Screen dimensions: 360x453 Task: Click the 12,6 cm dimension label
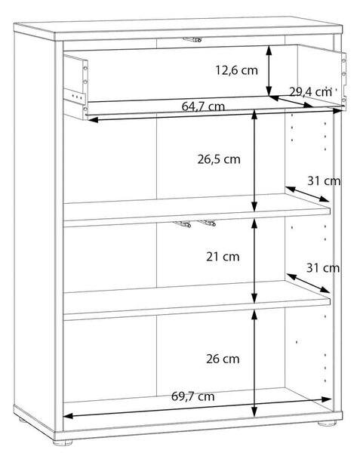point(237,70)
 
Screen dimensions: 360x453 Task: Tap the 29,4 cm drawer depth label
point(310,92)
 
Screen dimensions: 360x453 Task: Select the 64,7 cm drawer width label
point(203,106)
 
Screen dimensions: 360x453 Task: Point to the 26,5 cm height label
point(219,159)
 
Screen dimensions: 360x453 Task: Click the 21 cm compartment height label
point(223,257)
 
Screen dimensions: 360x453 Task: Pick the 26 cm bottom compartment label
point(223,359)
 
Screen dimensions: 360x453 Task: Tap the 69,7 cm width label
point(193,396)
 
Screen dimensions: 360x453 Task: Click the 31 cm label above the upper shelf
point(324,181)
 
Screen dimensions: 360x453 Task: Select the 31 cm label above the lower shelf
point(323,268)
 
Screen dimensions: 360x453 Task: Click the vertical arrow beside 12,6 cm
point(269,70)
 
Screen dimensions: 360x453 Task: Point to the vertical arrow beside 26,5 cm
point(254,162)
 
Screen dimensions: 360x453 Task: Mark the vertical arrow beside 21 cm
point(254,260)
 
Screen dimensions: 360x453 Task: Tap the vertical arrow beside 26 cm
point(254,364)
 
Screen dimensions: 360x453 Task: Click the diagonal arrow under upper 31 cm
point(307,194)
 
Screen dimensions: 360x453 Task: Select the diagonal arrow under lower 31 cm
point(309,283)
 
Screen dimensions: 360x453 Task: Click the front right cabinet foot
point(327,424)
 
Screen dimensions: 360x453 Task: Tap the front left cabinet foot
point(63,442)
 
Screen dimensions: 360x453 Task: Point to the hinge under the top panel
point(192,39)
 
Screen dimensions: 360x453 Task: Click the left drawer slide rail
point(75,96)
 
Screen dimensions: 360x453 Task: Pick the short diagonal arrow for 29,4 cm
point(291,102)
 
